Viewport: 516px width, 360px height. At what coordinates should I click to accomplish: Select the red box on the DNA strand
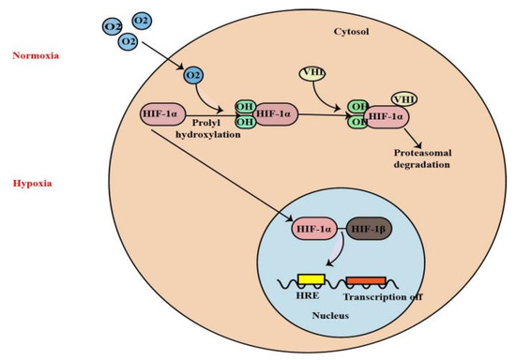coord(365,278)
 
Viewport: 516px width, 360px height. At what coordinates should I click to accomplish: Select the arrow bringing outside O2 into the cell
coord(170,61)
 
